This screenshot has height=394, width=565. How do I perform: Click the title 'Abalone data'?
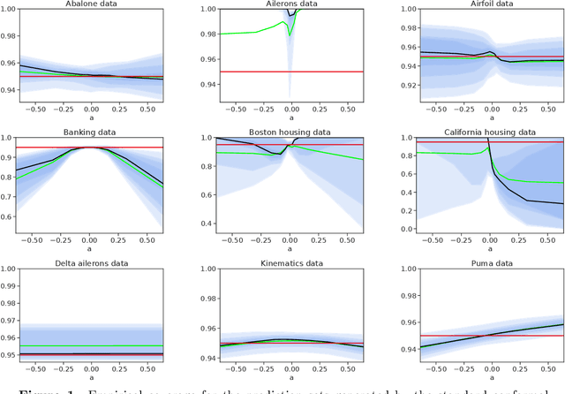tap(89, 4)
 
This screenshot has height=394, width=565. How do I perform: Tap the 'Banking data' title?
tap(89, 133)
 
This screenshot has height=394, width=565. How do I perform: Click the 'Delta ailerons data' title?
tap(89, 261)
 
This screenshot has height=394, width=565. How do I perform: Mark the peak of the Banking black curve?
tap(89, 148)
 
